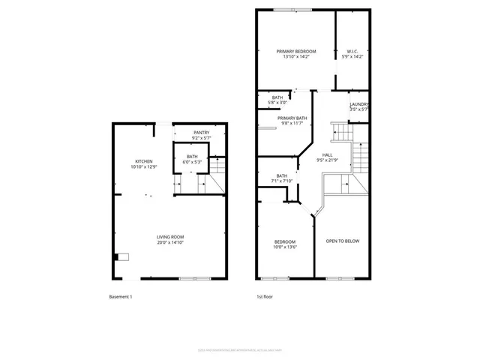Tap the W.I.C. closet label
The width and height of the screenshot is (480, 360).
point(352,51)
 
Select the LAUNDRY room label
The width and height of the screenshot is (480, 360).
point(359,104)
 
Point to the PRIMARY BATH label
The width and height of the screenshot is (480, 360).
point(292,118)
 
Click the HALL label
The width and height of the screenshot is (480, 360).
point(327,154)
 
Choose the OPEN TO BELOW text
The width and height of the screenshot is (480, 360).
point(341,241)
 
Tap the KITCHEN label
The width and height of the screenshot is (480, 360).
point(145,161)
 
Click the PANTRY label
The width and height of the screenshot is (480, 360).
point(201,133)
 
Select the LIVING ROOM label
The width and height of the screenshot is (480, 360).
point(170,237)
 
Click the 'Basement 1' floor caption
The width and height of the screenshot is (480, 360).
point(120,297)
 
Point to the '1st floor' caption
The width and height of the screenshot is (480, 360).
point(265,297)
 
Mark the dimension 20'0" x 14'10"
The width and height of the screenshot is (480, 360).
point(170,243)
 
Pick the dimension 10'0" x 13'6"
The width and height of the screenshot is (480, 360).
point(284,247)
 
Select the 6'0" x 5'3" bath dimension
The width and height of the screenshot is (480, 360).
point(193,161)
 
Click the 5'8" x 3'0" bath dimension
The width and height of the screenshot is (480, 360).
point(277,102)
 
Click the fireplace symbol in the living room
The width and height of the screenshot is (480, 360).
point(121,256)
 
